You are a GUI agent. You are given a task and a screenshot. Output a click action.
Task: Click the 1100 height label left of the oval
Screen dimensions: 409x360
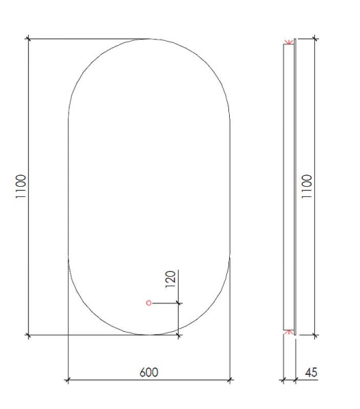tap(21, 186)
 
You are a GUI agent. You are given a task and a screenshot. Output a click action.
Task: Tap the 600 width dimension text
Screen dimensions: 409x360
tap(149, 372)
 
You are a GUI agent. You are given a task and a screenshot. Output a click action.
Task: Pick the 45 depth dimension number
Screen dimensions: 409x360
tap(311, 372)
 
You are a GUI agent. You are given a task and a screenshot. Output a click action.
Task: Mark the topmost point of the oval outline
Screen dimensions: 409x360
tap(149, 39)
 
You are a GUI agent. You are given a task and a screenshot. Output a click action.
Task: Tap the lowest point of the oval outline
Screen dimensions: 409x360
tap(149, 335)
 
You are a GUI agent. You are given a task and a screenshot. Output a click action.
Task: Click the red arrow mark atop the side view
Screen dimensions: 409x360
tap(289, 43)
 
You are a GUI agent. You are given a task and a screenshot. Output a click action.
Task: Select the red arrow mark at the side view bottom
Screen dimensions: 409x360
tap(289, 331)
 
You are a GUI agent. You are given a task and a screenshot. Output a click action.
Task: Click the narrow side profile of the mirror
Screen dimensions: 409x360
tap(289, 186)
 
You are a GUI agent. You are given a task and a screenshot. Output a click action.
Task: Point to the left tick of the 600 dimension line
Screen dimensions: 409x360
tap(67, 380)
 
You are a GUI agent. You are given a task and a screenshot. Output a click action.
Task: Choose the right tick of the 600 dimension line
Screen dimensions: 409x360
tap(230, 380)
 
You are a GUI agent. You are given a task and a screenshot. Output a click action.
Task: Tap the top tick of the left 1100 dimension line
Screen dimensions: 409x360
tap(28, 38)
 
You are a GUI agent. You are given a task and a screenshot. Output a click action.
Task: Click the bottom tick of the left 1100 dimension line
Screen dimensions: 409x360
tap(28, 335)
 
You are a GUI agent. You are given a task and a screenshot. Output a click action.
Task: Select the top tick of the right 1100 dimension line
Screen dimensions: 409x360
tap(314, 38)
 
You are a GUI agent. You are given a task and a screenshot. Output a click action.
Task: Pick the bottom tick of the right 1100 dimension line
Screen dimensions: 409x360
tap(314, 335)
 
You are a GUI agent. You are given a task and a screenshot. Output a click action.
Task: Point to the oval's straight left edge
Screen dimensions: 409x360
tap(69, 186)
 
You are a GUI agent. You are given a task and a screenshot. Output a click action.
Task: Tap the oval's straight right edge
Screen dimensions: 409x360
tap(230, 186)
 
